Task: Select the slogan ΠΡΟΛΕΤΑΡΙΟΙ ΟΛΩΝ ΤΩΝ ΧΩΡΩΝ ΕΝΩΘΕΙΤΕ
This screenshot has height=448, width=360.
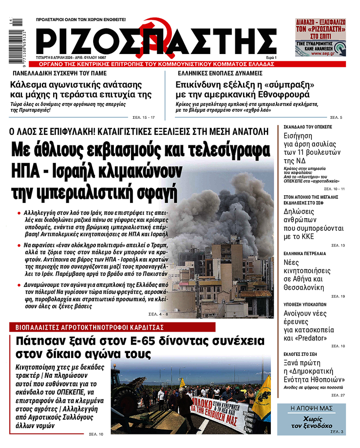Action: pos(81,20)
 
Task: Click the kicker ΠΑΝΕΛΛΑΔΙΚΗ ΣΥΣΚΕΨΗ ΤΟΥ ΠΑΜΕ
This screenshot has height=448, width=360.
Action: pos(59,73)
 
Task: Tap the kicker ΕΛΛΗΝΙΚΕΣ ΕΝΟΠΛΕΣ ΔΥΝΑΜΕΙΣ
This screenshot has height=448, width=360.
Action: pos(220,73)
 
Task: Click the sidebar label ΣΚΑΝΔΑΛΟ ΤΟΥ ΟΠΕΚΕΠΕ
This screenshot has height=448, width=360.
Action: pos(308,127)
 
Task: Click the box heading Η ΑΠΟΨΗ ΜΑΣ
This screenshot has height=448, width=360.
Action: pos(311,408)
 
